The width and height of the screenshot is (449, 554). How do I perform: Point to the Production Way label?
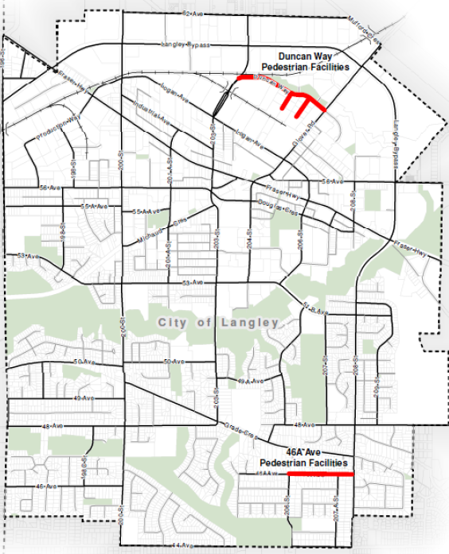pos(61,126)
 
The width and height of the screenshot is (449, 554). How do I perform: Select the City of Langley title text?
pos(218,323)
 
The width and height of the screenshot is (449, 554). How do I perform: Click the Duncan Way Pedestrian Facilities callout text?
pos(313,62)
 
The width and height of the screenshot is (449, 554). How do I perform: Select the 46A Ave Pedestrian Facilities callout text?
pos(304,456)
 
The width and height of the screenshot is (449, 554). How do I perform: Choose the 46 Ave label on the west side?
pos(45,486)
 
